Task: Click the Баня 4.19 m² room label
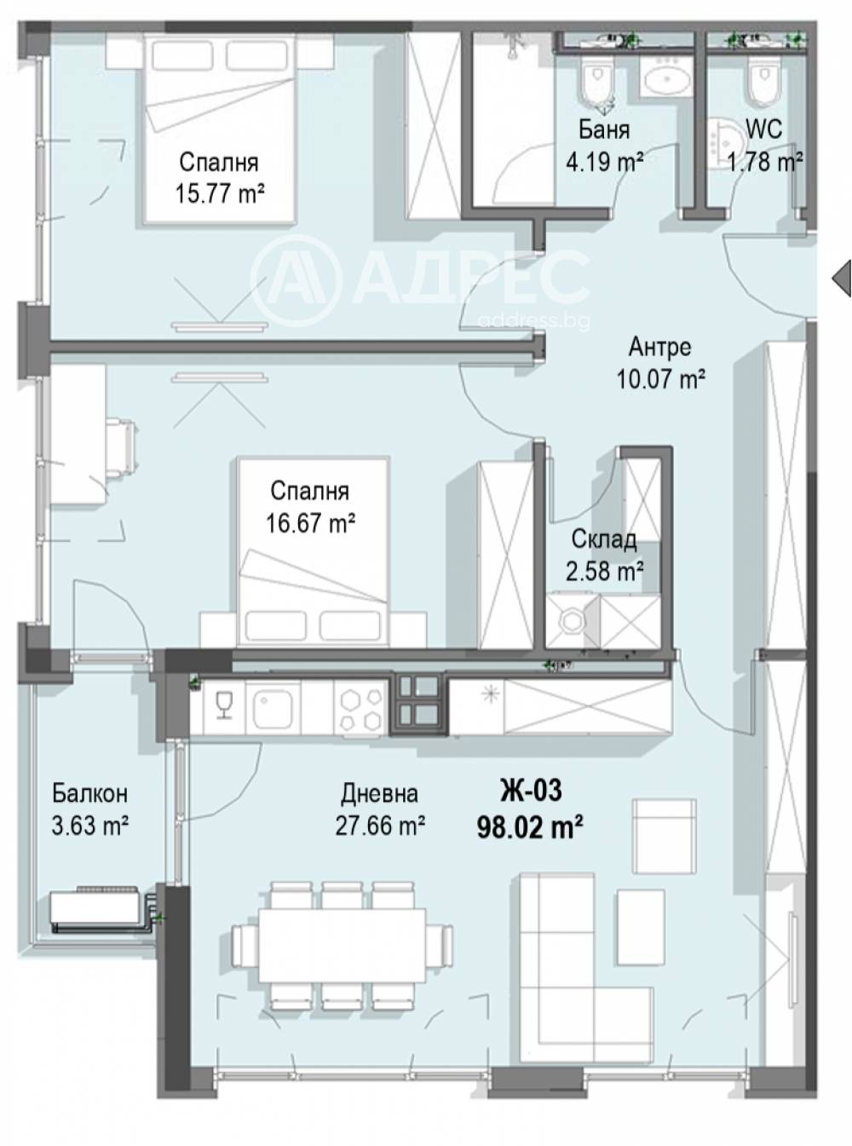coord(605,147)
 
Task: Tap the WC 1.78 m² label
coord(765,147)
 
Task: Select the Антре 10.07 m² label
coord(660,363)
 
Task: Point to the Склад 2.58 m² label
coord(604,556)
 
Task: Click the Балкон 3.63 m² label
coord(90,809)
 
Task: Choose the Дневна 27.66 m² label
coord(380,809)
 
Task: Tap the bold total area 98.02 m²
coord(531,827)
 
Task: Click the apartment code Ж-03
coord(531,791)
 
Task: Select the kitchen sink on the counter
coord(273,707)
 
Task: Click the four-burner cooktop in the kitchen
coord(361,707)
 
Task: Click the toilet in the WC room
coord(763,83)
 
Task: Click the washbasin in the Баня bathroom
coord(665,78)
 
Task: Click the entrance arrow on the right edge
coord(841,279)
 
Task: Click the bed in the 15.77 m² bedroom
coord(219,130)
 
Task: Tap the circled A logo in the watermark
coord(296,280)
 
